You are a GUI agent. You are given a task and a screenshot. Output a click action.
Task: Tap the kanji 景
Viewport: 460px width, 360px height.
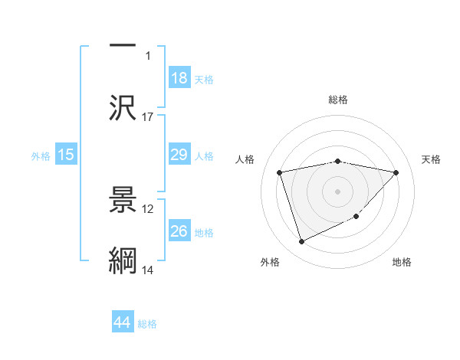coord(123,201)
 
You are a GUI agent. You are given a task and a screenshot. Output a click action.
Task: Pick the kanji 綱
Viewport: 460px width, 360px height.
coord(123,260)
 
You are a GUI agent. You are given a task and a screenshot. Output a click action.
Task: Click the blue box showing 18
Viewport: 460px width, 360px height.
coord(179,78)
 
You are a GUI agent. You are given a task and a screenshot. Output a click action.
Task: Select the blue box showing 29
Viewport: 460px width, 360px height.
coord(179,155)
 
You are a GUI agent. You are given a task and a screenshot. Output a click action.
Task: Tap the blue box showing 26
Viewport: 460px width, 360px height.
coord(179,231)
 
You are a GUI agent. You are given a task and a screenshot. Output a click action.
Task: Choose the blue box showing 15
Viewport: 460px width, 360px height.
coord(66,155)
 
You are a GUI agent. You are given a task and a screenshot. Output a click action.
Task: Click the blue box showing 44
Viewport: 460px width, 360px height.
coord(122,323)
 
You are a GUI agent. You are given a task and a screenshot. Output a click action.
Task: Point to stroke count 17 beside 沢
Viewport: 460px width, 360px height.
coord(148,117)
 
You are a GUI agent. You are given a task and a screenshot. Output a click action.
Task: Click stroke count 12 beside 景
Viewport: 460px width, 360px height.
coord(148,208)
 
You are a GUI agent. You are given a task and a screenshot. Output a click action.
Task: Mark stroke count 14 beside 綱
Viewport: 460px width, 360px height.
coord(148,270)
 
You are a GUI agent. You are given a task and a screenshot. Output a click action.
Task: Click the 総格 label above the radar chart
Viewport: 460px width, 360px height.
coord(338,100)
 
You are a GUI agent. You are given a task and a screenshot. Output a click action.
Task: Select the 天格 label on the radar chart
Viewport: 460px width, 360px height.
coord(432,159)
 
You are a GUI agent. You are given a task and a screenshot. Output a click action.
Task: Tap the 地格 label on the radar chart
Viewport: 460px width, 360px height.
coord(402,262)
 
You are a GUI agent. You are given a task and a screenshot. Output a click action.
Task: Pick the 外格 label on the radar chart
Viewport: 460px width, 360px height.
coord(270,262)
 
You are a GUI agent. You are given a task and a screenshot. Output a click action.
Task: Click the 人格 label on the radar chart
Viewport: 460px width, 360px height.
coord(245,159)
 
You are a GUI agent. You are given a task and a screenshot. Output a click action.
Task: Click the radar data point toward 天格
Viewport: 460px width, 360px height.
coord(396,172)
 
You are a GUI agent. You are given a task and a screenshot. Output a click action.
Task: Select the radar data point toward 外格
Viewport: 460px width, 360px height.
coord(301,242)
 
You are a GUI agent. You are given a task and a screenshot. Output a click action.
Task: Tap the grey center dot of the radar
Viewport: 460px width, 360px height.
coord(338,191)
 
